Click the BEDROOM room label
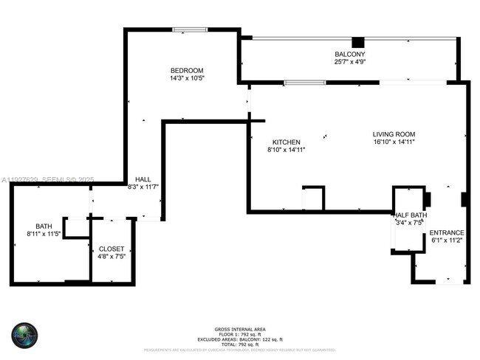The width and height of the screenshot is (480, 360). [x=187, y=70]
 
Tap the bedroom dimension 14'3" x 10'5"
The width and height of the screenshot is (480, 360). [x=187, y=77]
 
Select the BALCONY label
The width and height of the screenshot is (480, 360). [x=349, y=55]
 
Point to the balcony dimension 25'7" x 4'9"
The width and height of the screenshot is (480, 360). [x=349, y=62]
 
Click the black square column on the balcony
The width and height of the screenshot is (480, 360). [x=358, y=42]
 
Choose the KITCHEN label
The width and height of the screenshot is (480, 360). [x=286, y=142]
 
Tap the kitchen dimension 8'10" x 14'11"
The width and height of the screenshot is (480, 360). [x=286, y=149]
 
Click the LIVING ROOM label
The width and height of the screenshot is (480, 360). [x=394, y=134]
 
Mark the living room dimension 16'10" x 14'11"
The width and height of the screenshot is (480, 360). [x=394, y=142]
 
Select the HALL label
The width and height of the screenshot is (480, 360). [x=143, y=179]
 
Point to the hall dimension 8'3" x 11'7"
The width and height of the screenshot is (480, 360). [x=143, y=187]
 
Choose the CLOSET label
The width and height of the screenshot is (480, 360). [x=112, y=249]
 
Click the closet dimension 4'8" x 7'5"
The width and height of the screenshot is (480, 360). [x=112, y=257]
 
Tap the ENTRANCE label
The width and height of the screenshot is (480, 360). [x=447, y=232]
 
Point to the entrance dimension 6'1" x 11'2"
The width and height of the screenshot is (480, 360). [x=447, y=240]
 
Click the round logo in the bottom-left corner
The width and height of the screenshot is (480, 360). [x=24, y=334]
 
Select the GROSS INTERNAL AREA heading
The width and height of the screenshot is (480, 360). [x=240, y=329]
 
